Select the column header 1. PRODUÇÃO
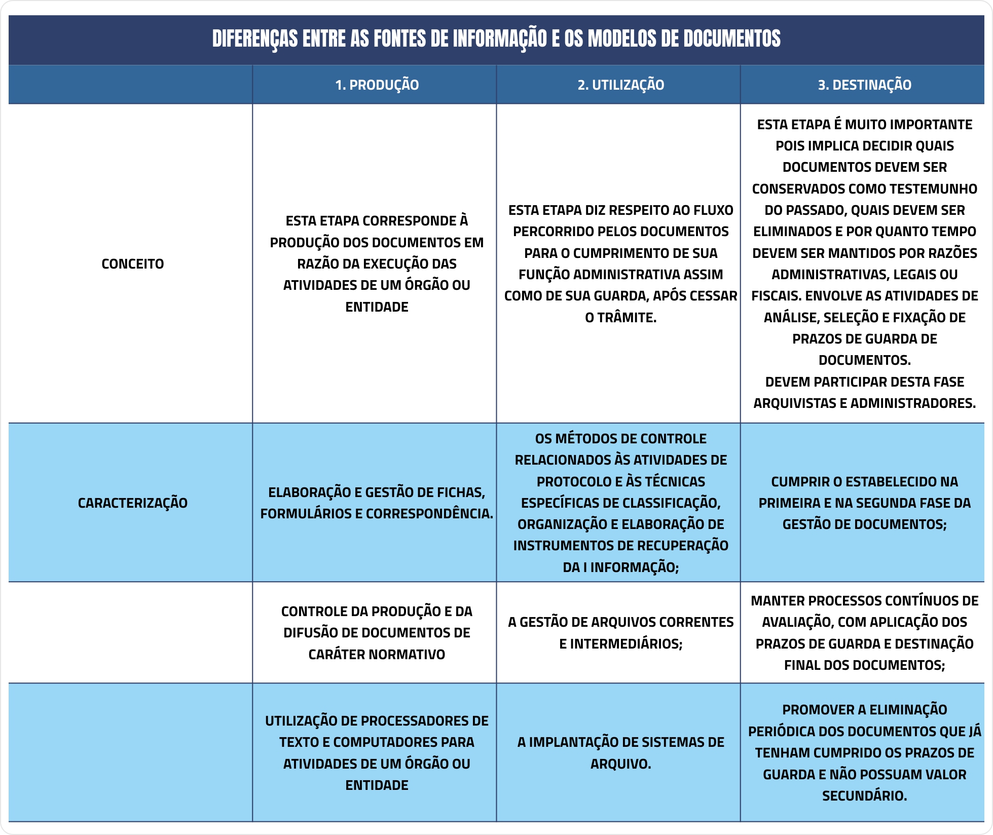(377, 85)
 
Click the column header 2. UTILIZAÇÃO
(620, 85)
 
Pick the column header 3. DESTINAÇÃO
(864, 85)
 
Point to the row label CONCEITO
(132, 264)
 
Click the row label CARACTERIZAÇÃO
(132, 503)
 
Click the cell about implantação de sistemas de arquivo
(620, 753)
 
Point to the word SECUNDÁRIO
(864, 796)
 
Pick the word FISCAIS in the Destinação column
(775, 296)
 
